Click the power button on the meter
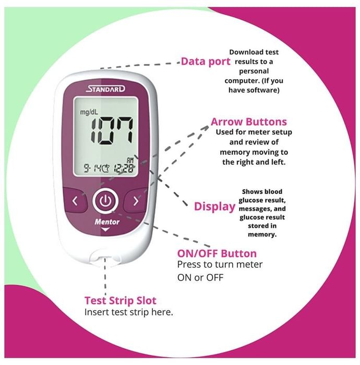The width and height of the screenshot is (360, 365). [x=105, y=201]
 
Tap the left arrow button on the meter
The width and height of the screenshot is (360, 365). [x=75, y=201]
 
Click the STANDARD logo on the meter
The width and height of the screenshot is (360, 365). [x=105, y=89]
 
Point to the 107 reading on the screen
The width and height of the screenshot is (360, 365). [x=112, y=130]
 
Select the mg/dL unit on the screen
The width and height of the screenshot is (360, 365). [x=89, y=112]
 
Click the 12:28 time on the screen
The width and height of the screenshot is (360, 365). [x=124, y=168]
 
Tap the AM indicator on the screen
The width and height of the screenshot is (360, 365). [x=130, y=161]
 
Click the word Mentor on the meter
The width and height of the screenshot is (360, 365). [x=107, y=222]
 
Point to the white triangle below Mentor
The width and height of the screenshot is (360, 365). [x=105, y=229]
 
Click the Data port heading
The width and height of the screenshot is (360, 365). [x=206, y=62]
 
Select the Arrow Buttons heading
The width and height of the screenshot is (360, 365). [x=249, y=121]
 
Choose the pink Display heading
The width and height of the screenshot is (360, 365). [x=215, y=206]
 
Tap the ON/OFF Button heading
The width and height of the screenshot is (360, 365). [x=217, y=253]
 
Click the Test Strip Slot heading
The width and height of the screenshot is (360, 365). [x=121, y=300]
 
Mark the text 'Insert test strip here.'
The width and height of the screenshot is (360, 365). [x=129, y=312]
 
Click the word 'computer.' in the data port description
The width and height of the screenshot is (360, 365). [x=242, y=81]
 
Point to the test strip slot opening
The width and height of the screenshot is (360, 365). [x=105, y=258]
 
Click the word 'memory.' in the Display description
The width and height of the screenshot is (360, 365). [x=262, y=235]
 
